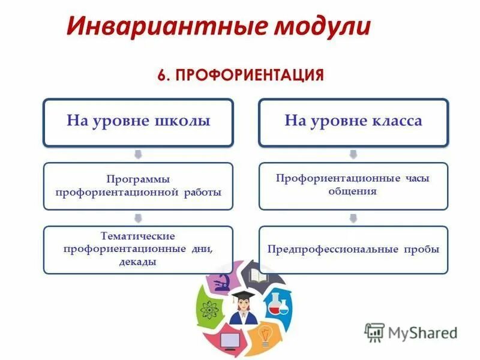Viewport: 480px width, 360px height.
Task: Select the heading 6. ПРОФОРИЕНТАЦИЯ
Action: (x=241, y=76)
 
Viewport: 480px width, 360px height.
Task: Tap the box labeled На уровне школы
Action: (x=138, y=122)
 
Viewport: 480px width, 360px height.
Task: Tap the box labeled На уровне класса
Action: (x=353, y=122)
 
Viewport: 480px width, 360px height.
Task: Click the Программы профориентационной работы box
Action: (x=138, y=186)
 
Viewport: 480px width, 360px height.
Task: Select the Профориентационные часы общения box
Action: (x=353, y=185)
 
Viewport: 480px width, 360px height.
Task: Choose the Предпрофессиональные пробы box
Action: (x=353, y=249)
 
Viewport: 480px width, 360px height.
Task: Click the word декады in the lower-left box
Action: (x=138, y=262)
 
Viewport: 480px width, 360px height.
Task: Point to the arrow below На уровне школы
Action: (x=138, y=155)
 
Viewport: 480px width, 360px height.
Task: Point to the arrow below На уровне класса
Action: (x=353, y=155)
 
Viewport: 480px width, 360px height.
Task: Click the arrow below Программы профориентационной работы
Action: (x=138, y=218)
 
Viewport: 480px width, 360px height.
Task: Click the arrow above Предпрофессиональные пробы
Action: (x=353, y=218)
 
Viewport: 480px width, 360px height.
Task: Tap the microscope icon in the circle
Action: (x=220, y=281)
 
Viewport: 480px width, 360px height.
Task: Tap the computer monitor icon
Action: (x=229, y=340)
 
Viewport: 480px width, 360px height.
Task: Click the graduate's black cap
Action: (x=243, y=294)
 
